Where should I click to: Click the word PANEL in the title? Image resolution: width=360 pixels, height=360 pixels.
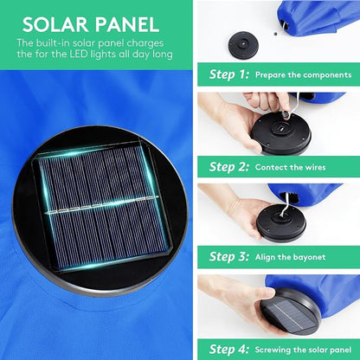pos(127,24)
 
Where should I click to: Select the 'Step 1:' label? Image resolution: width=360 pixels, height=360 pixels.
pos(229,74)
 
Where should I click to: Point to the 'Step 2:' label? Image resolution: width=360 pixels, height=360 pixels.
pos(229,167)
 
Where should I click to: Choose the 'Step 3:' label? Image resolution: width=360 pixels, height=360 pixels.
pos(229,256)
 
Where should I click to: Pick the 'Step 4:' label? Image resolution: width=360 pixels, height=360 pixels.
pos(229,349)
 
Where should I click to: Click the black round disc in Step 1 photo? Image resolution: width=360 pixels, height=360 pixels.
pos(243,45)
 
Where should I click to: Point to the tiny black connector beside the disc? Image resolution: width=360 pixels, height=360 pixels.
pos(275,34)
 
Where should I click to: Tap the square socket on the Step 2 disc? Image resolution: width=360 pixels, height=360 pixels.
pos(280,128)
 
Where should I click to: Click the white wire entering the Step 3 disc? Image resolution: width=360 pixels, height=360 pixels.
pos(285,206)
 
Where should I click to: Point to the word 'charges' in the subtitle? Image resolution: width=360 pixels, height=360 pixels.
pos(145,43)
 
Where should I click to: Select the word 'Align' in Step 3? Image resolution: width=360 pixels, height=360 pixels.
pos(265,257)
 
